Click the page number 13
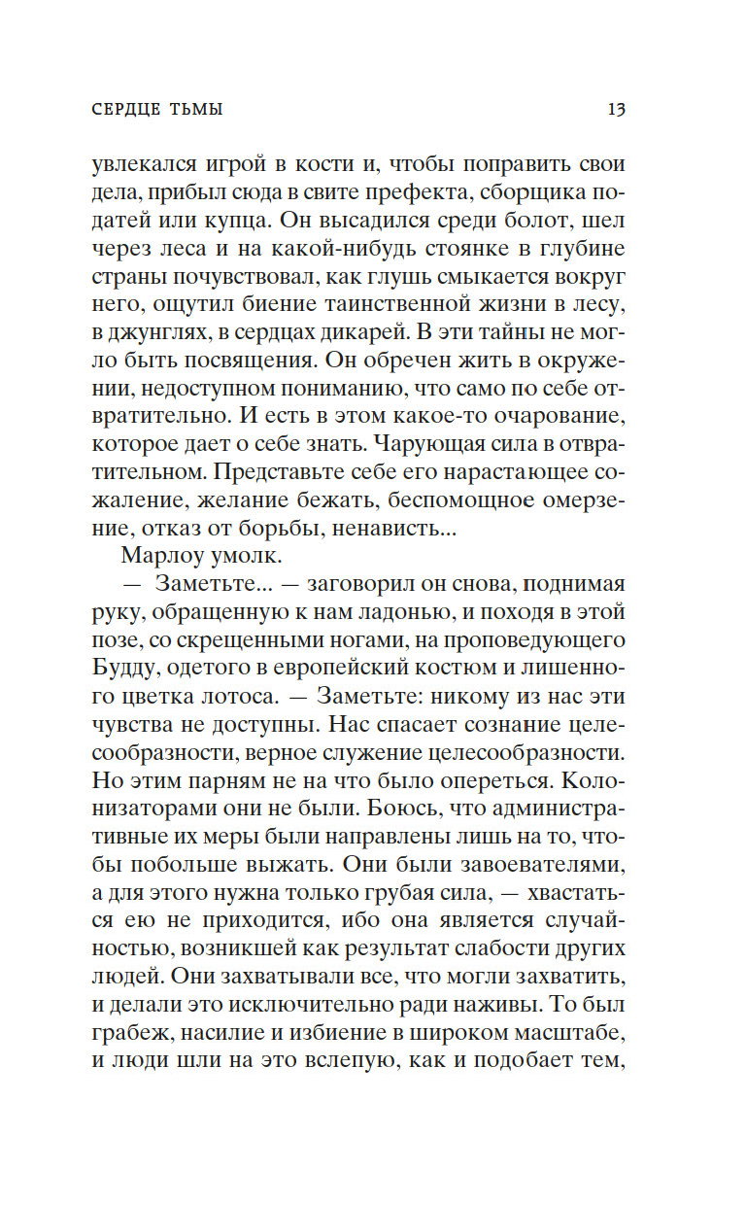(616, 109)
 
